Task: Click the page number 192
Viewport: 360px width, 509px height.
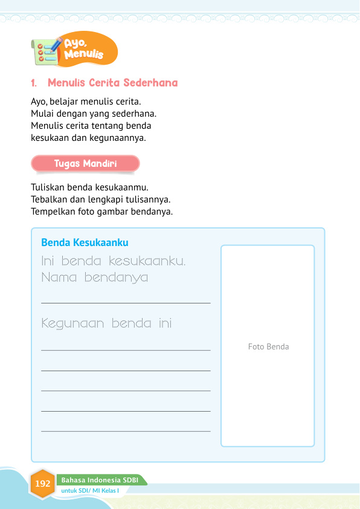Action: (x=43, y=484)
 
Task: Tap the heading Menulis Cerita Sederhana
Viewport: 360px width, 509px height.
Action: (x=112, y=82)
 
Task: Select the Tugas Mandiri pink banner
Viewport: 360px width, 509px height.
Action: (x=85, y=163)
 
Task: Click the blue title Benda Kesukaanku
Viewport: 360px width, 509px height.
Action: (x=85, y=242)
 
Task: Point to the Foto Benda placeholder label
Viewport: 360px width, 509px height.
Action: (x=268, y=346)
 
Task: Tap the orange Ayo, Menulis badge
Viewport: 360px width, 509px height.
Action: (x=87, y=50)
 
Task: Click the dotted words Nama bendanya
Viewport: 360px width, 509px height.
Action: (x=95, y=278)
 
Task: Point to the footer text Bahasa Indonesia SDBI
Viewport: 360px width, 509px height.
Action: (x=100, y=480)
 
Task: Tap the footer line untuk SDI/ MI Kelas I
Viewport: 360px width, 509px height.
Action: (x=94, y=490)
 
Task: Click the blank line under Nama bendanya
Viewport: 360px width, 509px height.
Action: (x=126, y=302)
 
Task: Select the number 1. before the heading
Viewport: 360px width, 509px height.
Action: (x=34, y=82)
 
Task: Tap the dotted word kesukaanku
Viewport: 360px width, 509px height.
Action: (x=147, y=262)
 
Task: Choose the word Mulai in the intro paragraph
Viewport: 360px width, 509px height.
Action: (x=42, y=113)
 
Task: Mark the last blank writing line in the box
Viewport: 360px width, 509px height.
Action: (x=126, y=431)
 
